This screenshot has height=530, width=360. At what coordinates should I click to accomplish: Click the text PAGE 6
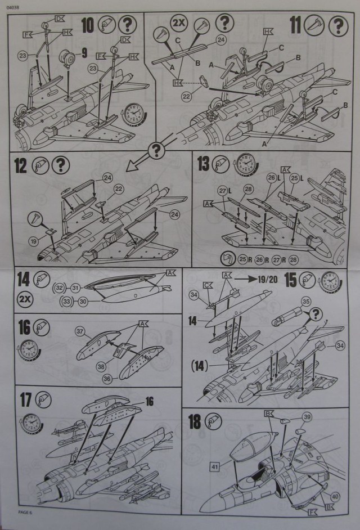(x=26, y=511)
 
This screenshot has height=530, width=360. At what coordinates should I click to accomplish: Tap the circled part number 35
(x=305, y=302)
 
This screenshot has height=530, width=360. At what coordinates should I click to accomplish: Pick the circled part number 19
(x=33, y=241)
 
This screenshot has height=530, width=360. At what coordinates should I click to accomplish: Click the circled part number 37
(x=80, y=330)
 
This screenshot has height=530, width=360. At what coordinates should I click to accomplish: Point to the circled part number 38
(x=102, y=366)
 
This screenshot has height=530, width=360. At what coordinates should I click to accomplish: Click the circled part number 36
(x=106, y=379)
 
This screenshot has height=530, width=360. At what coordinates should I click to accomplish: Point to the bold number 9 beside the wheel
(x=84, y=55)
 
